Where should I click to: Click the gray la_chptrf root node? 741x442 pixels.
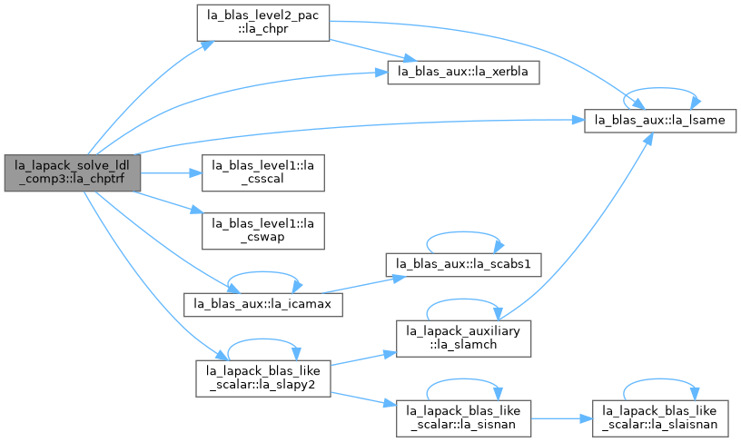(73, 172)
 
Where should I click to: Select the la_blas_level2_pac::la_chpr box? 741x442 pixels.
(263, 23)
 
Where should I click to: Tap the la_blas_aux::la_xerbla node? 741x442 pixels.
(464, 73)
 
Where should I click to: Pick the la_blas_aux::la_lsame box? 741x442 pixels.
(660, 121)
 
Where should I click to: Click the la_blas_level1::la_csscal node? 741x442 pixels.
(263, 172)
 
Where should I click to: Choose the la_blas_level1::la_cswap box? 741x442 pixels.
(263, 231)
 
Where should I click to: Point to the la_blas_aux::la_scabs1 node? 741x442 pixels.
(464, 264)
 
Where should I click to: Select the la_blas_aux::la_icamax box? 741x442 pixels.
(263, 304)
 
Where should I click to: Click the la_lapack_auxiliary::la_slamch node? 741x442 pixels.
(464, 339)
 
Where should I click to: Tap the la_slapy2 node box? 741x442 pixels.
(263, 378)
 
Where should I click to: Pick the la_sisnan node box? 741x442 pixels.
(464, 418)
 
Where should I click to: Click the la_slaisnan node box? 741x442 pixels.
(660, 418)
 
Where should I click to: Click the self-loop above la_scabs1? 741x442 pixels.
(463, 232)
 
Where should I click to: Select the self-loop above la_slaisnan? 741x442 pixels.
(660, 379)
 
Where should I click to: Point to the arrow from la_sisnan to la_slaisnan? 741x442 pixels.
(562, 419)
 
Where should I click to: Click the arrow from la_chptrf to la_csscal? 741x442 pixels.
(171, 173)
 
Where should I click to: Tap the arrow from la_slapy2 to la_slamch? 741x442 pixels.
(363, 359)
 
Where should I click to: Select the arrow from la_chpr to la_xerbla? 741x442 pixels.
(373, 51)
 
